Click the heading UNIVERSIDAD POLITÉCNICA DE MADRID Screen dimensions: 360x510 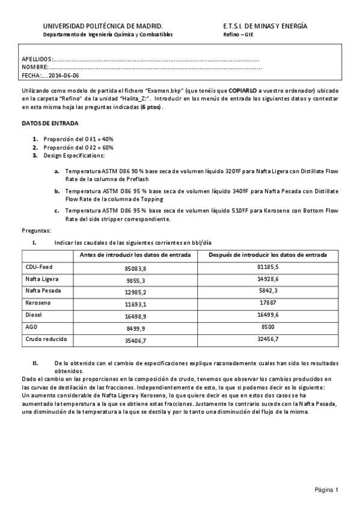pyautogui.click(x=102, y=26)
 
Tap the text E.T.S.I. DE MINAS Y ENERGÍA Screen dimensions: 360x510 pyautogui.click(x=265, y=26)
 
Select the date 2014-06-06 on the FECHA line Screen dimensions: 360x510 pyautogui.click(x=63, y=76)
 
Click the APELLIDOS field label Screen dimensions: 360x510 pyautogui.click(x=37, y=60)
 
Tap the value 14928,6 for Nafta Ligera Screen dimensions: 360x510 pyautogui.click(x=267, y=279)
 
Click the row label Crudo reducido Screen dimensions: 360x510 pyautogui.click(x=46, y=339)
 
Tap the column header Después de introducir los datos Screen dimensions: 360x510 pyautogui.click(x=267, y=254)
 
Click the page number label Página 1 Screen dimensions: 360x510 pyautogui.click(x=327, y=490)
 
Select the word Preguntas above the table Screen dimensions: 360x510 pyautogui.click(x=36, y=230)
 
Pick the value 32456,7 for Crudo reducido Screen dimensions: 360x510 pyautogui.click(x=267, y=340)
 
